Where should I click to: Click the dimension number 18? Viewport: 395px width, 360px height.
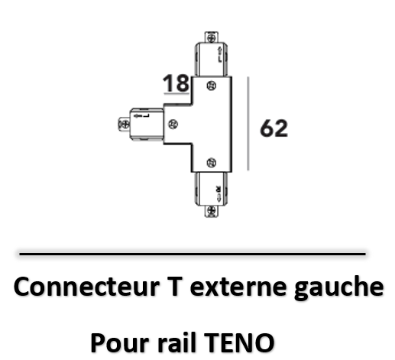[x=176, y=83]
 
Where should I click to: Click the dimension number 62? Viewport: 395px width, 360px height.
[x=274, y=128]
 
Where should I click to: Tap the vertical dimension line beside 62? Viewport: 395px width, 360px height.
[x=248, y=123]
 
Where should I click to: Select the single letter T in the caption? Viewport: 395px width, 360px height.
[x=175, y=287]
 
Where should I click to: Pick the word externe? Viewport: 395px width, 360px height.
[x=238, y=287]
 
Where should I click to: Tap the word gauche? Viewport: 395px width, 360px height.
[x=338, y=289]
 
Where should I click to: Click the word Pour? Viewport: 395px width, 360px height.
[x=120, y=342]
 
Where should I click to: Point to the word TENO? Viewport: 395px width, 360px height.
[x=239, y=342]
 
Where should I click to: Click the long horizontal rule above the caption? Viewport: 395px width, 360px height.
[x=193, y=254]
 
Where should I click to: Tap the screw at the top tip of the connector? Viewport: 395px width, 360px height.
[x=212, y=38]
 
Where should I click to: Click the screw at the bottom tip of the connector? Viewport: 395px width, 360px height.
[x=212, y=211]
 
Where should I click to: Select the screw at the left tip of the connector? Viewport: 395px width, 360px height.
[x=125, y=125]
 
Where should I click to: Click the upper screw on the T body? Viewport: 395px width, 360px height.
[x=212, y=86]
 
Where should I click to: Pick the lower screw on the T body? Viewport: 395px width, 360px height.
[x=212, y=163]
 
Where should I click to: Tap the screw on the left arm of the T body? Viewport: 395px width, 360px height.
[x=173, y=124]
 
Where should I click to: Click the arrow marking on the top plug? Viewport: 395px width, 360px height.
[x=219, y=54]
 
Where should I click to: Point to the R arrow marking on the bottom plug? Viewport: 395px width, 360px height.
[x=219, y=194]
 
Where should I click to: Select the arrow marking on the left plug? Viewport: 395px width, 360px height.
[x=141, y=116]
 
